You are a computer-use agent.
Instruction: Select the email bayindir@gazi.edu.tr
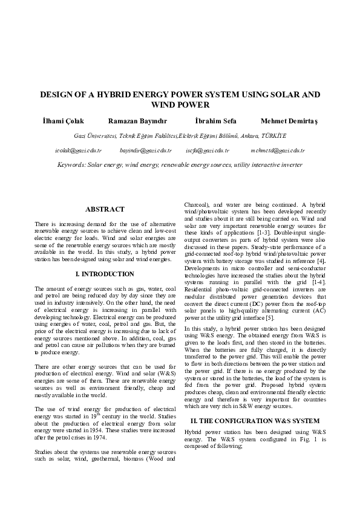pyautogui.click(x=146, y=150)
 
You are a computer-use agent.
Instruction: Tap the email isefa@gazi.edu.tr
pyautogui.click(x=208, y=150)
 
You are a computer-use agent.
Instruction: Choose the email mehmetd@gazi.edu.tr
pyautogui.click(x=277, y=150)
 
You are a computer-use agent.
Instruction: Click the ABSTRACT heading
pyautogui.click(x=105, y=209)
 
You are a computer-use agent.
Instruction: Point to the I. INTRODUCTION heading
pyautogui.click(x=105, y=274)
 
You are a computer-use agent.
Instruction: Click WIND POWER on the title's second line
pyautogui.click(x=180, y=105)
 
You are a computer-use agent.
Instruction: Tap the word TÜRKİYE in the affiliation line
pyautogui.click(x=274, y=135)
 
